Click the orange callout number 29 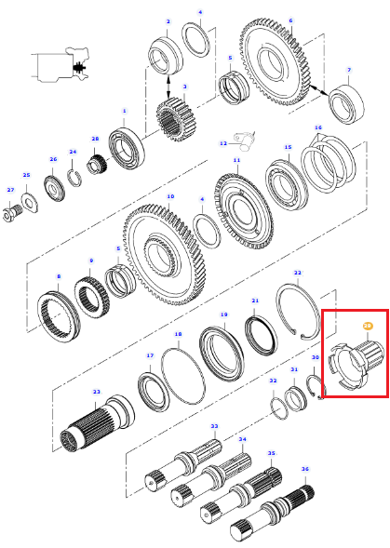(367, 326)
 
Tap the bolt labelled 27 (11, 212)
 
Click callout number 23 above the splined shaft (96, 392)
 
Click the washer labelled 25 (30, 203)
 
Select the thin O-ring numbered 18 (183, 376)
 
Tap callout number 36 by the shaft (305, 469)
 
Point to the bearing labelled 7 (346, 104)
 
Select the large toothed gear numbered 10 (165, 255)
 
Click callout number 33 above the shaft (214, 426)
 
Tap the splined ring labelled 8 (59, 317)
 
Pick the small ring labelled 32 (279, 408)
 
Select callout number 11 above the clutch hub (236, 160)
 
